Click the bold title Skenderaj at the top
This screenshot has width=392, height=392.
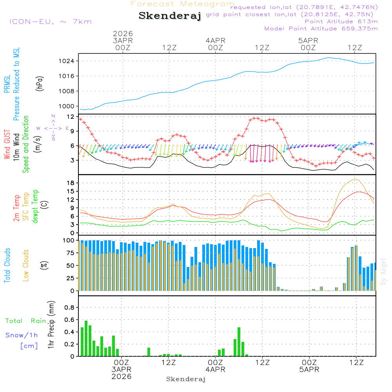(x=170, y=16)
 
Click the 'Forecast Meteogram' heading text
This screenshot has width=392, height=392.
(x=183, y=4)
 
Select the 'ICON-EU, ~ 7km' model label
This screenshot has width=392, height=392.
(x=50, y=22)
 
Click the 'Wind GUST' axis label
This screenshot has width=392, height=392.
(x=7, y=145)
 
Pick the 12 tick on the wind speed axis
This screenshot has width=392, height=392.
(x=71, y=117)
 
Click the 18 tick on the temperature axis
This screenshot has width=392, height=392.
(x=71, y=183)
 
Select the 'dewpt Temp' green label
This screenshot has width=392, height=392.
(x=36, y=207)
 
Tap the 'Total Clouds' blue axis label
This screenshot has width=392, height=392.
(x=7, y=265)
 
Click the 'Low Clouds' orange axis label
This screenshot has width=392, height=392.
(x=26, y=265)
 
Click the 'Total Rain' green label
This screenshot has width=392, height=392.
(x=25, y=321)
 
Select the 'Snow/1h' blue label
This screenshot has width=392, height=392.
(x=22, y=335)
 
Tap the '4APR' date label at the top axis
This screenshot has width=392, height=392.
(x=216, y=40)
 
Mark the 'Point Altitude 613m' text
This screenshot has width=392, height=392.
(x=341, y=21)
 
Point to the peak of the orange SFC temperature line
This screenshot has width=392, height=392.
(x=356, y=179)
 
